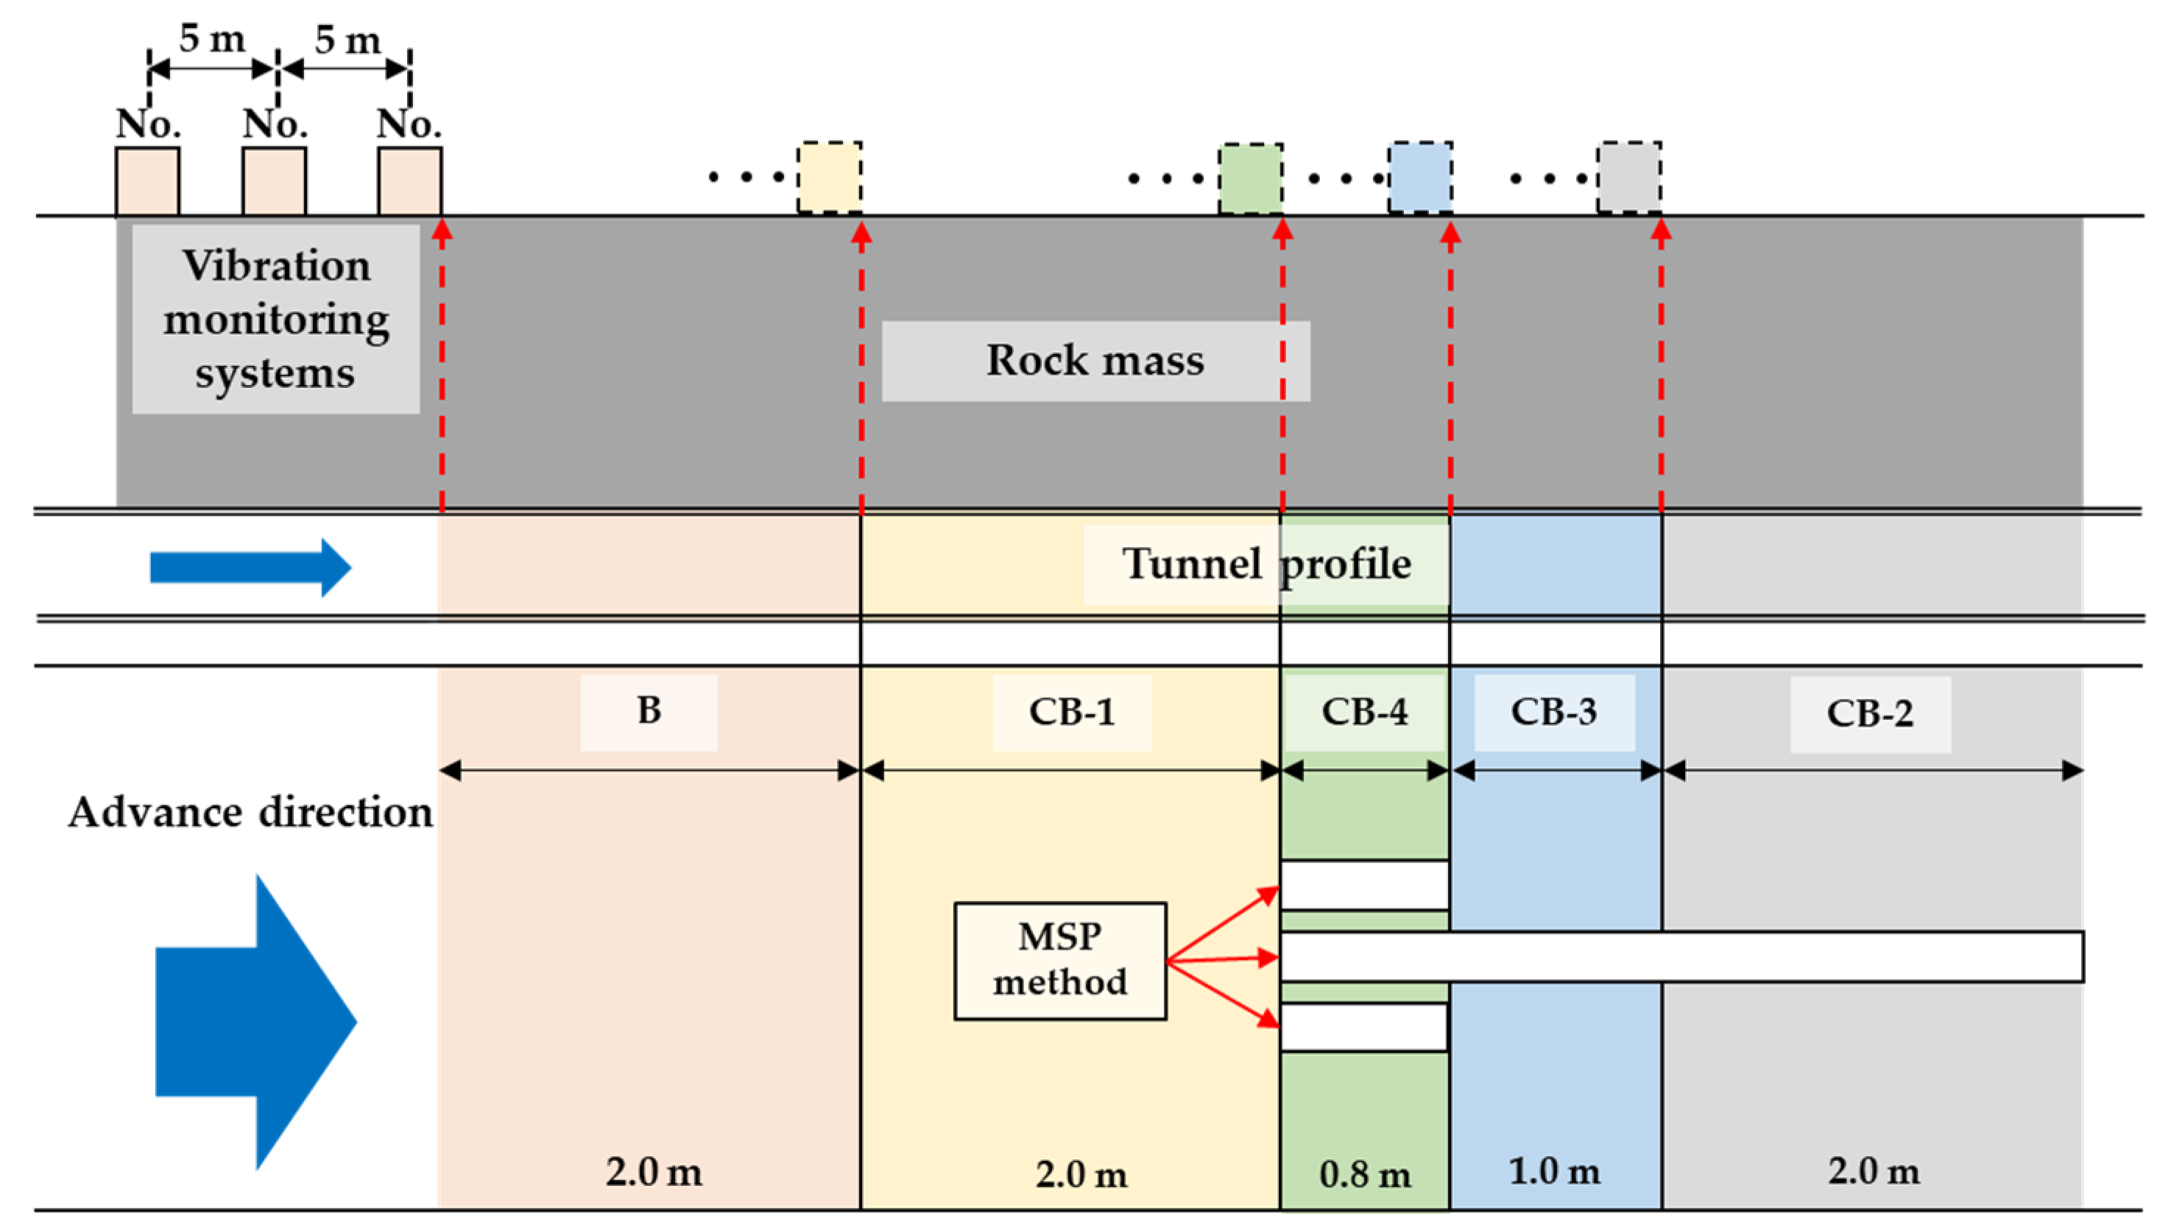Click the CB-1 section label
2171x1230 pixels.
coord(1071,712)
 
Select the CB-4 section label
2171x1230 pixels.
coord(1364,712)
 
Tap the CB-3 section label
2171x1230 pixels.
coord(1553,712)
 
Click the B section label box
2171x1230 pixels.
coord(649,711)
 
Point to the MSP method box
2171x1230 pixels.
coord(1060,961)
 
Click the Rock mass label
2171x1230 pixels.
coord(1095,361)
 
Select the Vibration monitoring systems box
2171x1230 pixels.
coord(275,319)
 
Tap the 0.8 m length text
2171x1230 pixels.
coord(1364,1174)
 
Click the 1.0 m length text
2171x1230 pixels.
coord(1553,1172)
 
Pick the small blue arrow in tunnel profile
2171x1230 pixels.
coord(250,568)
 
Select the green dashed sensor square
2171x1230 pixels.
coord(1250,178)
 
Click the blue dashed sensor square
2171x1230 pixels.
coord(1421,177)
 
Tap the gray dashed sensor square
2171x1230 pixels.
coord(1628,177)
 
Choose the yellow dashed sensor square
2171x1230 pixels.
coord(830,177)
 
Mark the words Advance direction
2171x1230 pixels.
coord(250,813)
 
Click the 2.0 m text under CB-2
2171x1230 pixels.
coord(1873,1172)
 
